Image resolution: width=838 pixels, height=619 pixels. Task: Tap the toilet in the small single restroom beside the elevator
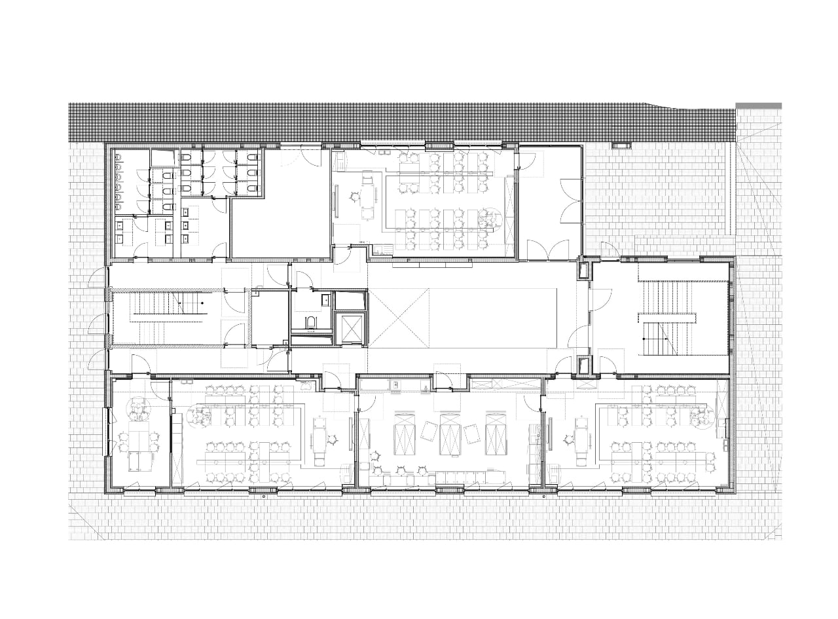point(311,322)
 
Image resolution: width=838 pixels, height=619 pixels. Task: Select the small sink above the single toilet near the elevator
point(326,301)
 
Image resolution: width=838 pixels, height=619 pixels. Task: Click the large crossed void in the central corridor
point(397,318)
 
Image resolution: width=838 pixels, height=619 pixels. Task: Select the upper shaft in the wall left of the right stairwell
point(583,269)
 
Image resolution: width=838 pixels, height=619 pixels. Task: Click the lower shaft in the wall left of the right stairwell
point(583,365)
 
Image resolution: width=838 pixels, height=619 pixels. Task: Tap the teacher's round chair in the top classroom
point(354,195)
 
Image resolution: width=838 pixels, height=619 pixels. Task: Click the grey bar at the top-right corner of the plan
point(758,105)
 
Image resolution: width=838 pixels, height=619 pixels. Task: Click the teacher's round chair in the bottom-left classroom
point(333,440)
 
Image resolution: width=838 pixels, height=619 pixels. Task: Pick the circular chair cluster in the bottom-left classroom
point(199,414)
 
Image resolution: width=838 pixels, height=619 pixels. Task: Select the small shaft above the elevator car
point(349,301)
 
